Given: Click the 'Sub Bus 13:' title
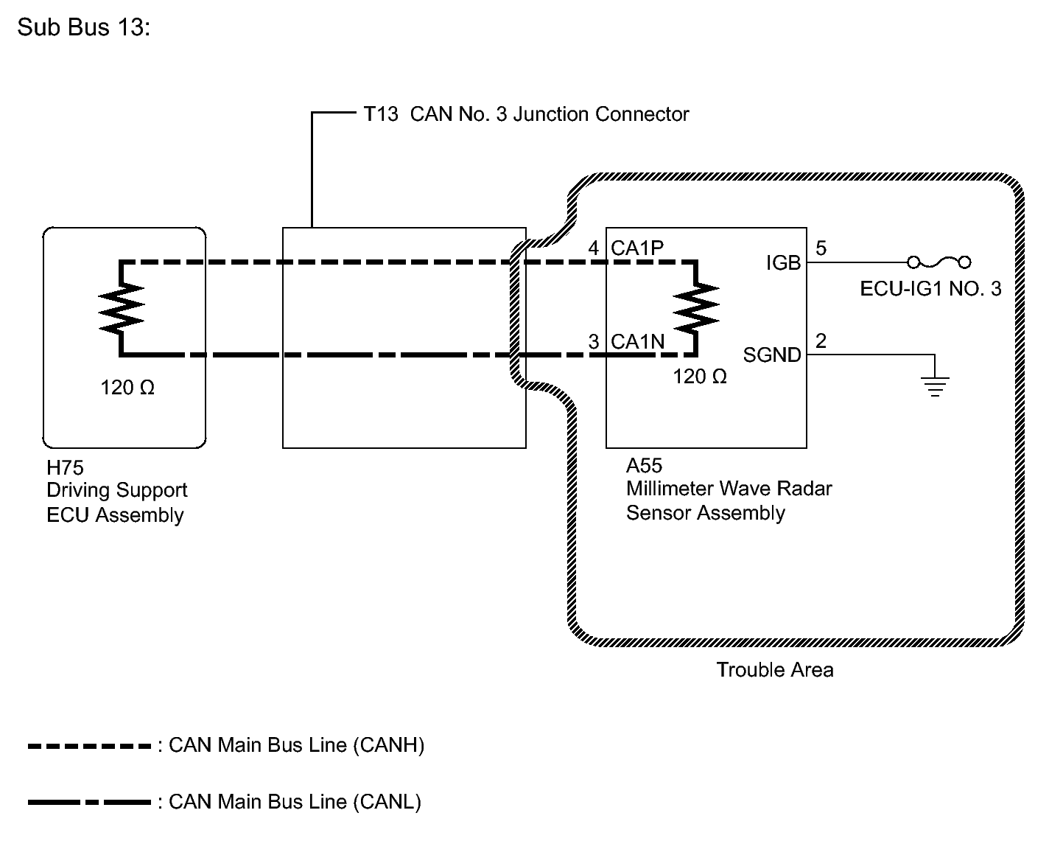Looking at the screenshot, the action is (x=84, y=27).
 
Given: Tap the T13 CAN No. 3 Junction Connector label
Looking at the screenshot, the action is (x=526, y=114).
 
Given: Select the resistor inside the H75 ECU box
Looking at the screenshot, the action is (x=121, y=309).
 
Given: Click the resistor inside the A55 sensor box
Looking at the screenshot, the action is (x=696, y=307).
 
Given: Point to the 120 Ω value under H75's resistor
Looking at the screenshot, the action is (x=127, y=388).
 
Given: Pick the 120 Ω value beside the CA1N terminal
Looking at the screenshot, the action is (x=700, y=377).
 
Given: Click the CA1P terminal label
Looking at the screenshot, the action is (x=637, y=248).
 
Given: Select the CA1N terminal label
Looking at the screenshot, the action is (x=638, y=341).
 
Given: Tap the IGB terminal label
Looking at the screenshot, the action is (x=784, y=262).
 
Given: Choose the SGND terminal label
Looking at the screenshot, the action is (x=772, y=355).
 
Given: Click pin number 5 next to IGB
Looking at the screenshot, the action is (x=821, y=248).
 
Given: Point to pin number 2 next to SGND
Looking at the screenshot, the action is (x=821, y=341).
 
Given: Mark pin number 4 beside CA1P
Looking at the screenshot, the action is (x=594, y=248).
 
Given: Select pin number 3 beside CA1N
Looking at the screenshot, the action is (x=594, y=341).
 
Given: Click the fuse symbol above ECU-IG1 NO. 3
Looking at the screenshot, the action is (x=939, y=262).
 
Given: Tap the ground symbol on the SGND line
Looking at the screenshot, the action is (x=936, y=386).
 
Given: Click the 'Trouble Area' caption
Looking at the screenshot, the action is (x=775, y=670).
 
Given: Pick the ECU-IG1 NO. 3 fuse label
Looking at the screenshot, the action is (x=931, y=289).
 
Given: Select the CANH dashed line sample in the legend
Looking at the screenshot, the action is (x=89, y=747).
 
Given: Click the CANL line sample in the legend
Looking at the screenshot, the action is (x=89, y=803).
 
